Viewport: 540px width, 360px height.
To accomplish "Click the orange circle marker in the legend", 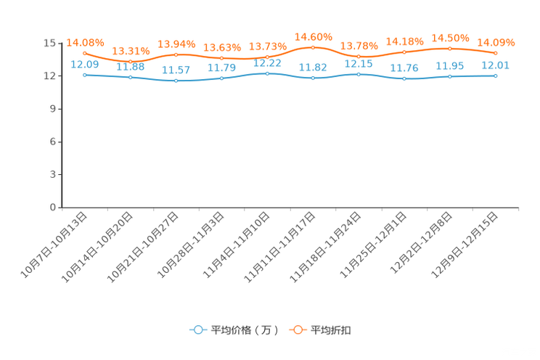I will pos(298,330).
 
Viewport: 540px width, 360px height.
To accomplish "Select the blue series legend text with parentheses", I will pos(244,330).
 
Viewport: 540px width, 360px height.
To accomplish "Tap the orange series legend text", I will pos(332,330).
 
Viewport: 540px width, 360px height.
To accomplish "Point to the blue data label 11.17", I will pos(176,70).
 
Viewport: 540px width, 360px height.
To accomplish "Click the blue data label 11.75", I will pos(404,68).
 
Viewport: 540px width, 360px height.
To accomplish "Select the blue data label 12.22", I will pos(268,64).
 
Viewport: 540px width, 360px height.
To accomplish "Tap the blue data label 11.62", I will pos(313,67).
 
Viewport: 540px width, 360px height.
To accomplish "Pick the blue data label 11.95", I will pos(450,66).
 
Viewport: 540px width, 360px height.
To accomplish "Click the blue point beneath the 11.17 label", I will pos(176,80).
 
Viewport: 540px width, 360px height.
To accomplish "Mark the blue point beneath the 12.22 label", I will pos(268,73).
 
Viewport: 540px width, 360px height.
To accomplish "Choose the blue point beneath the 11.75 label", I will pos(404,78).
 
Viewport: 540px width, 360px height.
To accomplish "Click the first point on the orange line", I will pos(85,53).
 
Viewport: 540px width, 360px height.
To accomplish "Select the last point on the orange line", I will pos(496,53).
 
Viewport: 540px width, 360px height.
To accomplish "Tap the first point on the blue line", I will pos(85,74).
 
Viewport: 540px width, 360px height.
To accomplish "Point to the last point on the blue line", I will pos(496,75).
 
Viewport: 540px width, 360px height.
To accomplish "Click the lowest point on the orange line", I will pos(131,61).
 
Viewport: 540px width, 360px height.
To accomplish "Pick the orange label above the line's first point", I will pos(85,42).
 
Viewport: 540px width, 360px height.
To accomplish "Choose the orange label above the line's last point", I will pos(496,42).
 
